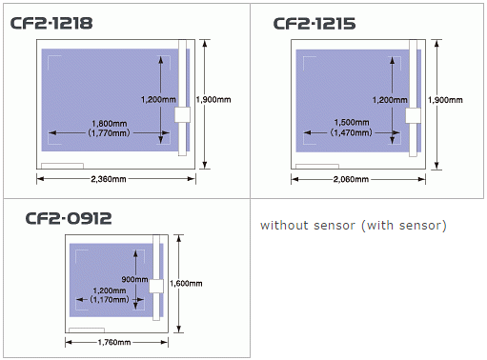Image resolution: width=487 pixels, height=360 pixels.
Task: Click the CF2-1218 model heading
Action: pyautogui.click(x=51, y=21)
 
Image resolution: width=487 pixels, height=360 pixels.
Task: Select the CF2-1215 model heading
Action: pyautogui.click(x=315, y=23)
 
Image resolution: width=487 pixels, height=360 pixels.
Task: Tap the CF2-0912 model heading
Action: pyautogui.click(x=69, y=218)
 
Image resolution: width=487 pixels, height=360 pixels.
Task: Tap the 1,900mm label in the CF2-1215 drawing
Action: pyautogui.click(x=447, y=99)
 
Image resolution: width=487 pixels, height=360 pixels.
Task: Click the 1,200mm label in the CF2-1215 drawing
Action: pyautogui.click(x=388, y=99)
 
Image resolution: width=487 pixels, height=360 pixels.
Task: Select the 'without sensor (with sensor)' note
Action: pyautogui.click(x=353, y=226)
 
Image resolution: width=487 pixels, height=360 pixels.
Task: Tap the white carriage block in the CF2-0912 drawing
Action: pyautogui.click(x=157, y=286)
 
